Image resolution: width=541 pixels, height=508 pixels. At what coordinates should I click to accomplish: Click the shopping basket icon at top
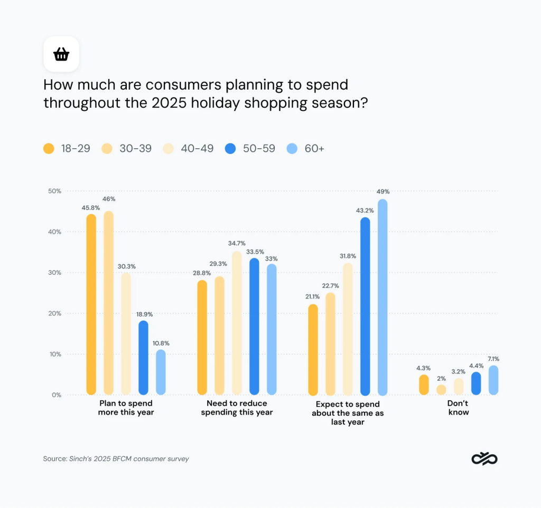[x=61, y=54]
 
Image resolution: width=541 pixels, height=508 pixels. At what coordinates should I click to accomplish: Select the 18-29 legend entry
[x=67, y=149]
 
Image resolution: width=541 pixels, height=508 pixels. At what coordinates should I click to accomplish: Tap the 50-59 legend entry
[x=249, y=149]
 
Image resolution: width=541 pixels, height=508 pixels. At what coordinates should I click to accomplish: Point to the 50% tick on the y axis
[x=55, y=190]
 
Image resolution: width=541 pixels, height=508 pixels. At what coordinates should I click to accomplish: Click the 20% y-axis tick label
[x=55, y=313]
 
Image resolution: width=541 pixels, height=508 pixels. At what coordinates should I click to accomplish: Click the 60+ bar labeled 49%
[x=382, y=298]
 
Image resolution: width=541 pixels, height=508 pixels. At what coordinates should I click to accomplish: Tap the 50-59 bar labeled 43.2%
[x=365, y=306]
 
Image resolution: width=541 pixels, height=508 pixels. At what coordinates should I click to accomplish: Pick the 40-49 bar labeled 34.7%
[x=237, y=323]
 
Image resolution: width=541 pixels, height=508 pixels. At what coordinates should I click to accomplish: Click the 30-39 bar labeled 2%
[x=441, y=390]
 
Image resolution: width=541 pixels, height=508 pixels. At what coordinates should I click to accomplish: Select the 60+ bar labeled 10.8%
[x=161, y=372]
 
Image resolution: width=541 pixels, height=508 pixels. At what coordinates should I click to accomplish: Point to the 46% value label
[x=109, y=199]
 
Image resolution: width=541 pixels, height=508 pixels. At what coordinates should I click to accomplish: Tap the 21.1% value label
[x=312, y=297]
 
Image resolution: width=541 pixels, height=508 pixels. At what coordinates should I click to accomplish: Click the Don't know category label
[x=458, y=408]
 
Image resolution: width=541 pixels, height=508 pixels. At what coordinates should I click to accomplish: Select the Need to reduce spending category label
[x=237, y=408]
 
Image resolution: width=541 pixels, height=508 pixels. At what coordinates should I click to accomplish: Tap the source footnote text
[x=116, y=459]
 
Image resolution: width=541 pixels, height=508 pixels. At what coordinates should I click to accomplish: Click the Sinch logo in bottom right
[x=484, y=459]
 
